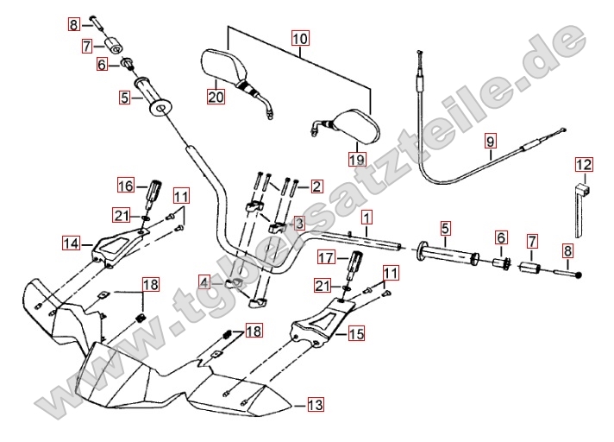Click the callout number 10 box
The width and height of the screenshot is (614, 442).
(299, 39)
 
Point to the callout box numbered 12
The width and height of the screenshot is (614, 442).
(584, 164)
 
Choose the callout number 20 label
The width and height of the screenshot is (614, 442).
(216, 98)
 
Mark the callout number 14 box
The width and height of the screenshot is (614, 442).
(72, 243)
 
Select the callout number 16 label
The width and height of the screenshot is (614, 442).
(126, 186)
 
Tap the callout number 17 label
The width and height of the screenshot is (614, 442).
(325, 257)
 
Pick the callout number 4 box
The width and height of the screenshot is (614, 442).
(204, 282)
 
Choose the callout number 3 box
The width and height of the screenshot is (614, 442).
(298, 224)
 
